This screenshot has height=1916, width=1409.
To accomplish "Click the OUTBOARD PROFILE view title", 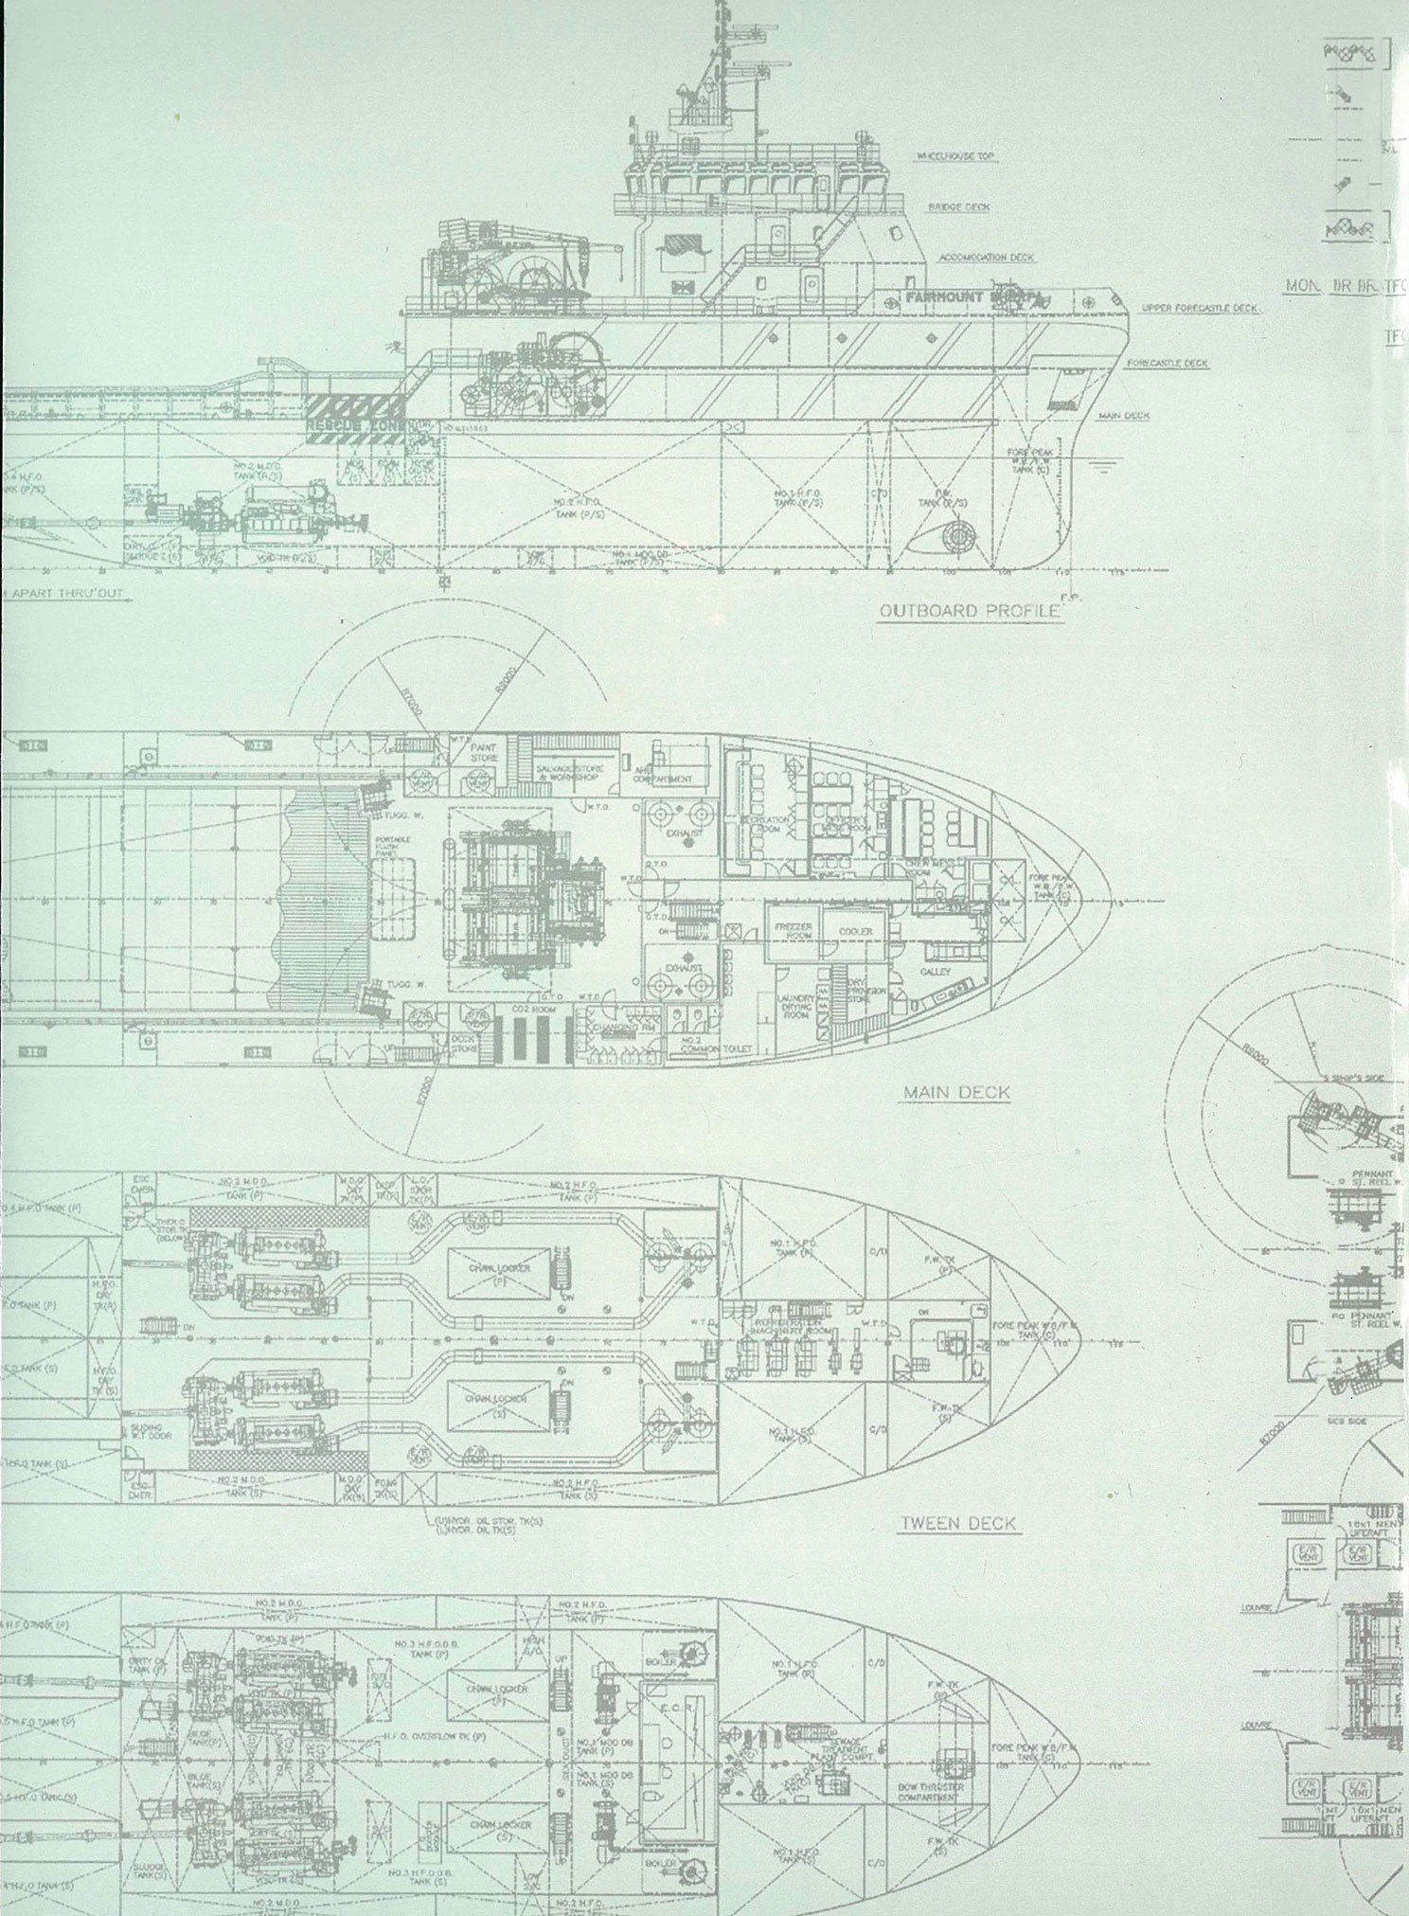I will tap(969, 610).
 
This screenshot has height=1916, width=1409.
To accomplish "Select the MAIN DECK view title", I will tap(956, 1092).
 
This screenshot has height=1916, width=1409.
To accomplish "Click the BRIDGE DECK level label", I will tap(958, 206).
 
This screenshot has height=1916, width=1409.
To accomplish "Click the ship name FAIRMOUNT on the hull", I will tap(943, 297).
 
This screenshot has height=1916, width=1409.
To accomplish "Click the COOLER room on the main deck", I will tap(855, 931).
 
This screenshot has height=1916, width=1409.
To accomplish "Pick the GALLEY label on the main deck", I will tap(935, 974).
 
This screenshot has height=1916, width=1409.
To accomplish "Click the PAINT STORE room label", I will tap(483, 752).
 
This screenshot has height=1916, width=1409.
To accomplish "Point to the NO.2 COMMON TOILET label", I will tap(715, 1045).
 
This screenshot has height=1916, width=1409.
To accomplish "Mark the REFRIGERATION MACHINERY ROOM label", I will tap(790, 1326).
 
